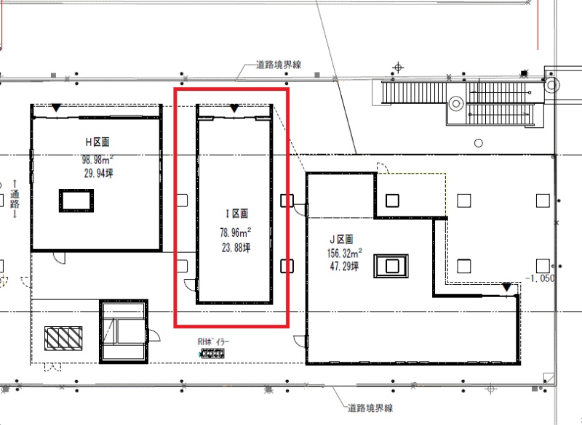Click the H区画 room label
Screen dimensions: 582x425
tap(97, 142)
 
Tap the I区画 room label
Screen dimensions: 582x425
tap(237, 214)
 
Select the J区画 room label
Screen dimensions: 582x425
tap(341, 239)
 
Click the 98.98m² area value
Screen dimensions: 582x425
tap(97, 160)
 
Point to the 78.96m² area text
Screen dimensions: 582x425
tap(235, 232)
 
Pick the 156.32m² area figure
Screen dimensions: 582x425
tap(344, 253)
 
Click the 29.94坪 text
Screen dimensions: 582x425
tap(98, 173)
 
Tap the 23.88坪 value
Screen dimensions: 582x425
tap(236, 248)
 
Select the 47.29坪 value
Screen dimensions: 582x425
tap(344, 266)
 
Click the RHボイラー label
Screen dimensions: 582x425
tap(213, 341)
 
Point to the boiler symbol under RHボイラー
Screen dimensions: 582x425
tap(212, 354)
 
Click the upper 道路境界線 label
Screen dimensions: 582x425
tap(279, 65)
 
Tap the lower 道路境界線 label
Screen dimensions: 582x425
tap(370, 408)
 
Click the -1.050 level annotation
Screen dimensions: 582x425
tap(540, 278)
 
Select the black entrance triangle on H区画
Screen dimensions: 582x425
tap(56, 108)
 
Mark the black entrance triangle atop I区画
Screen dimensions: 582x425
tap(234, 108)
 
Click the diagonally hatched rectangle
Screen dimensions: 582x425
tap(63, 339)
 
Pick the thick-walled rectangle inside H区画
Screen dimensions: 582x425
tap(76, 201)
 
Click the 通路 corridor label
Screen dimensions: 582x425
tap(15, 199)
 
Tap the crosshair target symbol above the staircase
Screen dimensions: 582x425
tap(398, 68)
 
